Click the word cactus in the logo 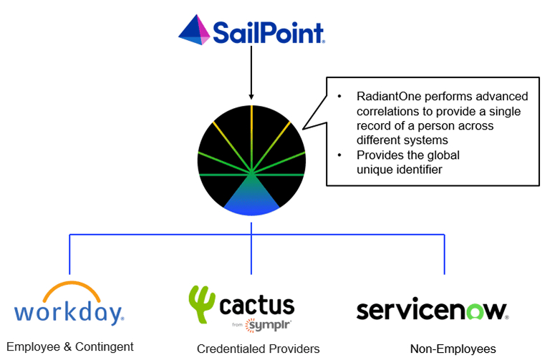click(x=257, y=306)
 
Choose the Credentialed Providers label click(x=258, y=349)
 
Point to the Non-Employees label click(x=453, y=349)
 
